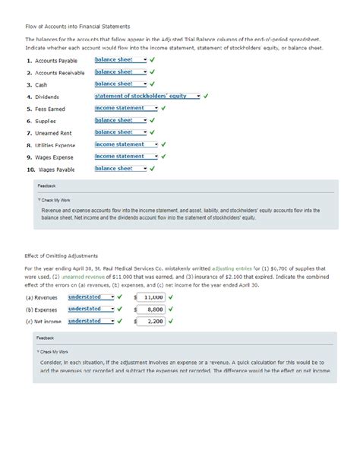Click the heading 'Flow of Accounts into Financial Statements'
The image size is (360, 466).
[78, 27]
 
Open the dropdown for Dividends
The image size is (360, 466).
[147, 97]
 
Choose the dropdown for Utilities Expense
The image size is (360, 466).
[126, 144]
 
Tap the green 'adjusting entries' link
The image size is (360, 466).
[235, 269]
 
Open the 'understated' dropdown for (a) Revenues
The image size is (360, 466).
[90, 297]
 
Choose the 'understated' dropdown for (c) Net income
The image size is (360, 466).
[90, 322]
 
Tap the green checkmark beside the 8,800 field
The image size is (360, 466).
[171, 309]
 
